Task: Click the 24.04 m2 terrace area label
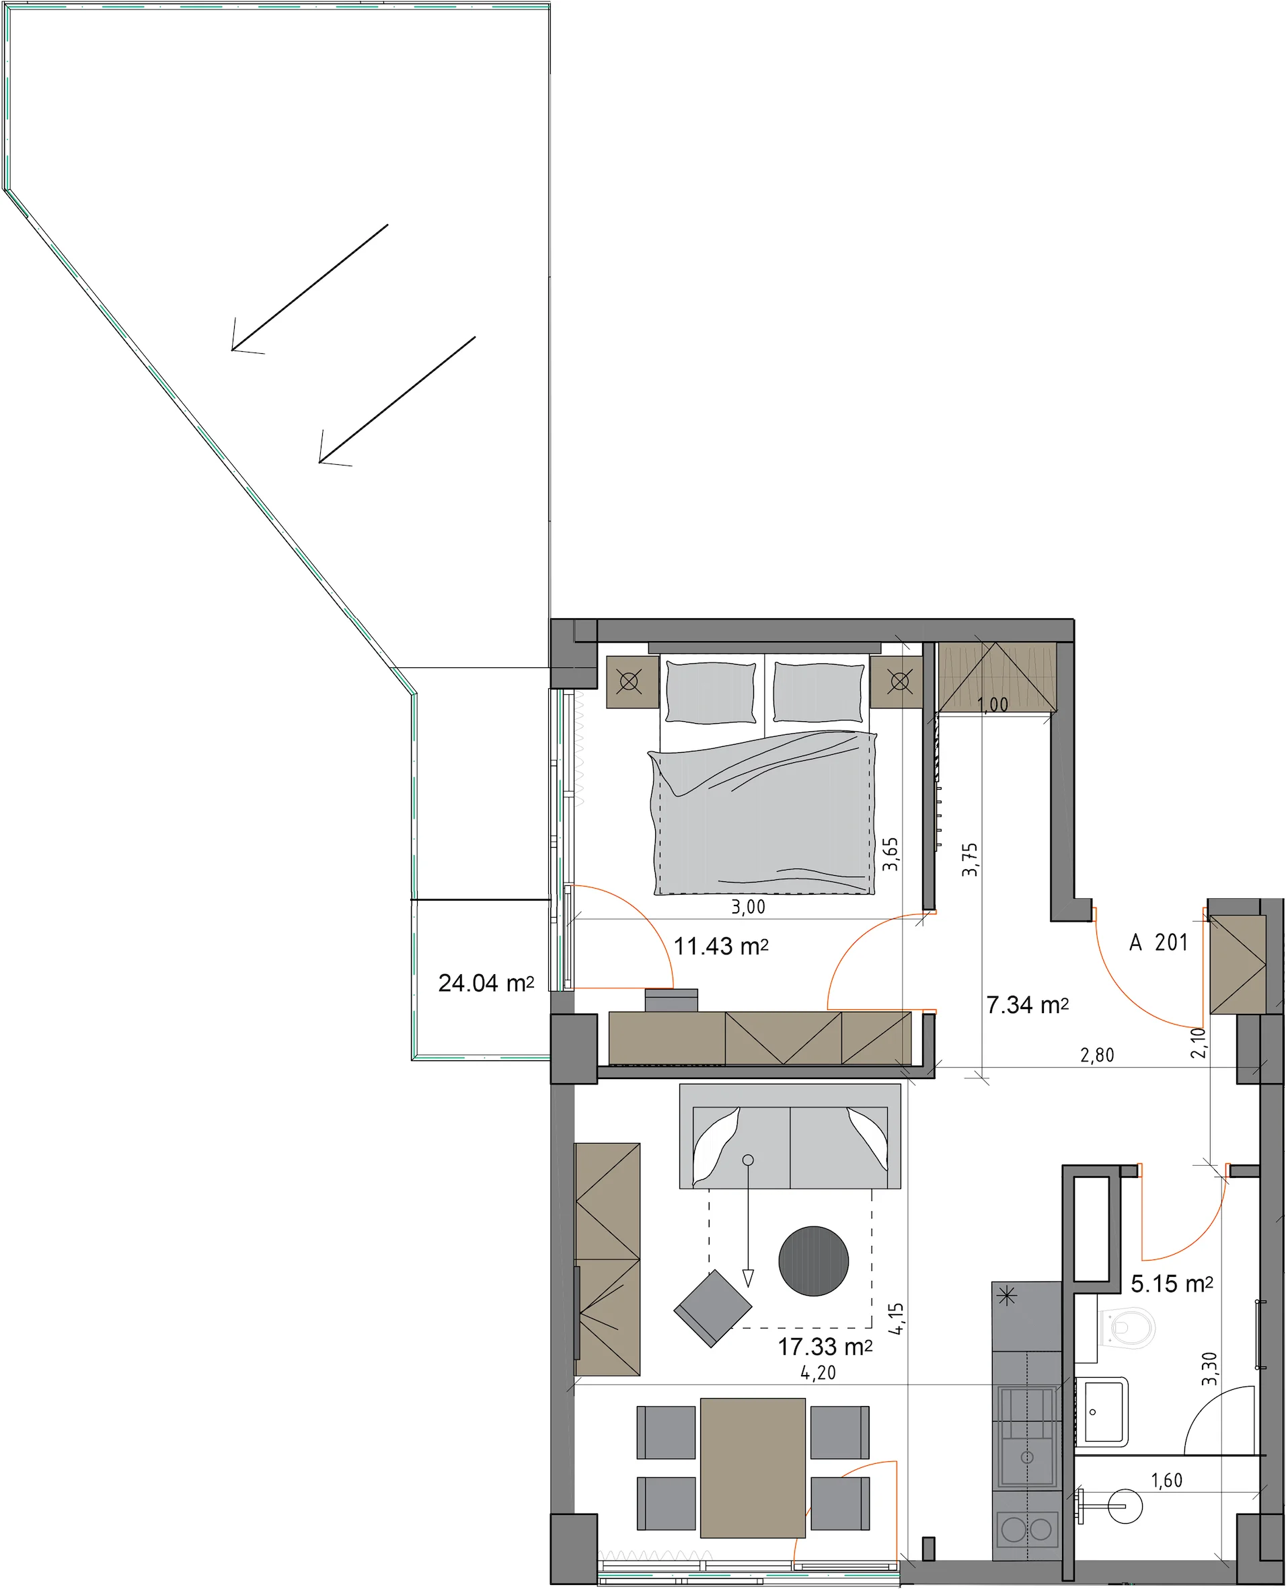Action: click(x=486, y=983)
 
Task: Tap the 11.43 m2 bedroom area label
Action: click(x=721, y=946)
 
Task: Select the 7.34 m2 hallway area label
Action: click(x=1028, y=1004)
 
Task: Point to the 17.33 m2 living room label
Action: click(x=825, y=1347)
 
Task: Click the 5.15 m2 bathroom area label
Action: click(x=1172, y=1283)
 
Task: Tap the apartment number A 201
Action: click(x=1159, y=943)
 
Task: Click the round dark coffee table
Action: click(x=813, y=1261)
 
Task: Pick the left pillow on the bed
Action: click(x=710, y=692)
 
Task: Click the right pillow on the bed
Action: click(x=819, y=692)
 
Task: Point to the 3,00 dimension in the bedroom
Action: click(x=748, y=907)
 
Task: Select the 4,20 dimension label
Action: click(x=818, y=1372)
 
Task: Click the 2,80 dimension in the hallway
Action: click(x=1097, y=1055)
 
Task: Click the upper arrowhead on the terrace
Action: click(x=233, y=349)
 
